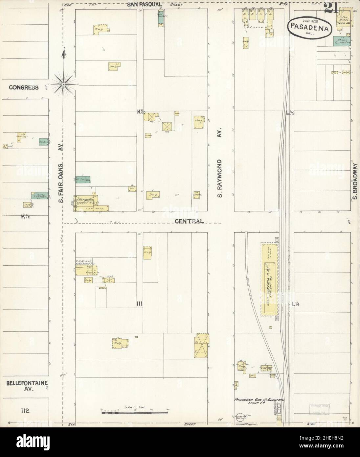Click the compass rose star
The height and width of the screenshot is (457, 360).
[x=64, y=79]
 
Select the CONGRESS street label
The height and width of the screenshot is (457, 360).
[x=24, y=87]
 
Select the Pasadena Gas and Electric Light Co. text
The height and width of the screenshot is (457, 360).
[x=259, y=401]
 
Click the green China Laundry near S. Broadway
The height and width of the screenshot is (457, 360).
[x=342, y=40]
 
